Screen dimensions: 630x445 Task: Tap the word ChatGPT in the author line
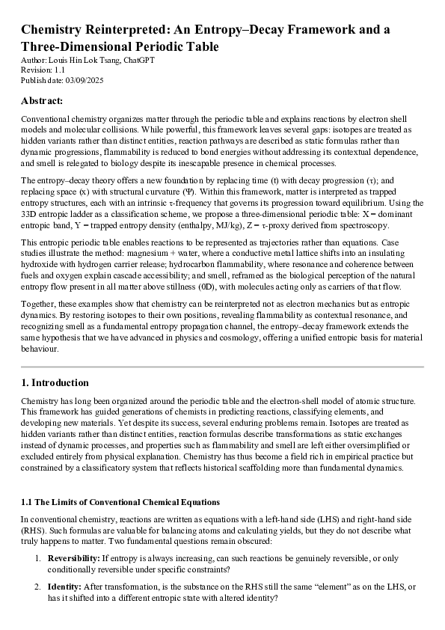pyautogui.click(x=138, y=61)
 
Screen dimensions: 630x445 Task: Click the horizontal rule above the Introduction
pyautogui.click(x=222, y=367)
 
